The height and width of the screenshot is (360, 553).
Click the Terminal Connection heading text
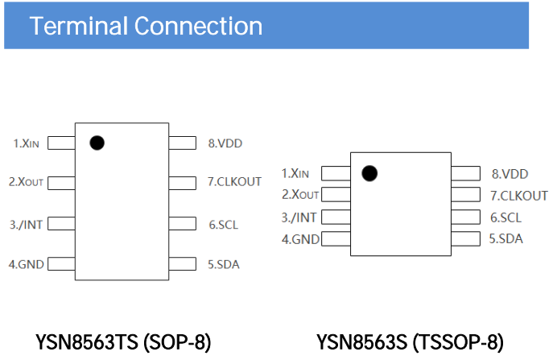(146, 26)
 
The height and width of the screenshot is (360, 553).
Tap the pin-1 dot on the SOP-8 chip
(97, 143)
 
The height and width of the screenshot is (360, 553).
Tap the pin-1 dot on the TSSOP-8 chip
(369, 173)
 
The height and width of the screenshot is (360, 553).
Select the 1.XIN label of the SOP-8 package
(26, 143)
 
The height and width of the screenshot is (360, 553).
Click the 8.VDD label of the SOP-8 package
(225, 143)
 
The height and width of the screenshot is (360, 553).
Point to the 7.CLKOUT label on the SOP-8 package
(234, 182)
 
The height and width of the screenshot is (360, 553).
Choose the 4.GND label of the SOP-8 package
(26, 264)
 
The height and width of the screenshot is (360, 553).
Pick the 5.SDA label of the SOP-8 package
(223, 264)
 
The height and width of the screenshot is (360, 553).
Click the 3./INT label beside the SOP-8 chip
(26, 224)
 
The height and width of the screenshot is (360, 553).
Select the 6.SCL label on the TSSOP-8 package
(506, 217)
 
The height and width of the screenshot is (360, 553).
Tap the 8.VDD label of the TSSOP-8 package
(510, 174)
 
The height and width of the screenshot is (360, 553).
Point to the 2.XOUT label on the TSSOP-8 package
(300, 195)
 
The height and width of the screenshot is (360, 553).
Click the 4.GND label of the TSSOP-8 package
(300, 239)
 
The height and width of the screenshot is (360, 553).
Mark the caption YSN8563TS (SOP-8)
(123, 342)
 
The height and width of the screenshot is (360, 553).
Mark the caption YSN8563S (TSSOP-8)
(410, 342)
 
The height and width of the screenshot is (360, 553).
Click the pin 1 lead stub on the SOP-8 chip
(61, 143)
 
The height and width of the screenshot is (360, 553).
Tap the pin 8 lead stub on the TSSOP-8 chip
(465, 173)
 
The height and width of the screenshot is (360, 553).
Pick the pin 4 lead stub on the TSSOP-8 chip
(336, 239)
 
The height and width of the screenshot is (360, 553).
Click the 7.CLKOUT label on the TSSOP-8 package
(519, 196)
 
